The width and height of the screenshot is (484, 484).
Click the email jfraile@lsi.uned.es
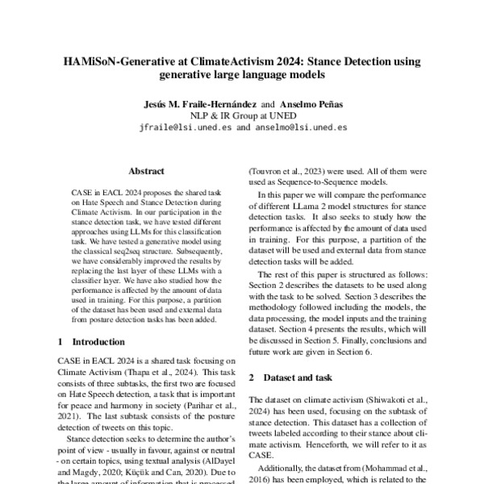pyautogui.click(x=184, y=127)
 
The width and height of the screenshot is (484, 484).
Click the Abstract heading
pyautogui.click(x=146, y=171)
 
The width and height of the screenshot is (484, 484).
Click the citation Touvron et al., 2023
pyautogui.click(x=287, y=171)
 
